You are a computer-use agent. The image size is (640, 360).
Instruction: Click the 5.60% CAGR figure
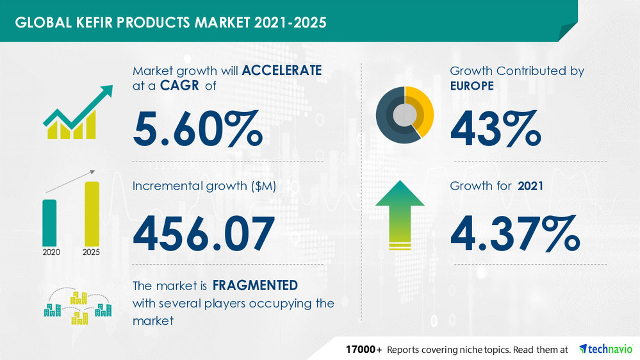click(197, 127)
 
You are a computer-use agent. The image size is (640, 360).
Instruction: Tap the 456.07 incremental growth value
click(204, 233)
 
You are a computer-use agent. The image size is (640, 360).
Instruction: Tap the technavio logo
click(605, 349)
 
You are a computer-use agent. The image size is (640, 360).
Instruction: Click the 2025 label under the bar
click(92, 252)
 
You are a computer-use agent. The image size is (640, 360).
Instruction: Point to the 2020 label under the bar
click(51, 252)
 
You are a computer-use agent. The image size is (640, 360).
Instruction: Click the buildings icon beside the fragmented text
click(78, 306)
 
